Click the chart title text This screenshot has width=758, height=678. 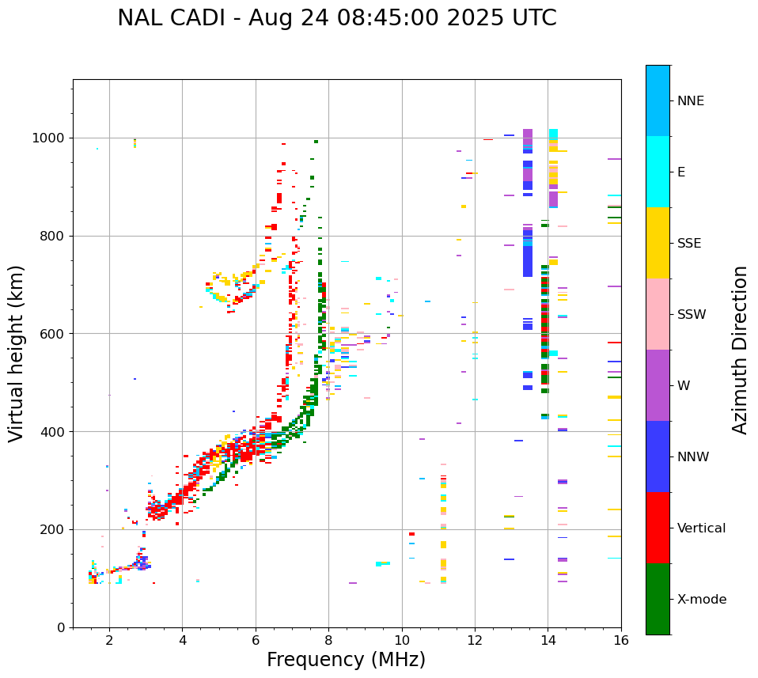coord(337,18)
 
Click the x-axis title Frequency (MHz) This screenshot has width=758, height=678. coord(346,660)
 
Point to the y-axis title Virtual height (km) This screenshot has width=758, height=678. coord(17,353)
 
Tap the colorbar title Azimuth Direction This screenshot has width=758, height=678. coord(740,349)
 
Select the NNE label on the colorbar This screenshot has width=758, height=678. coord(690,101)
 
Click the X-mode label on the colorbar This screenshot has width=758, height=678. coord(701,600)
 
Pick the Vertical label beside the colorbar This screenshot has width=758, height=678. coord(701,528)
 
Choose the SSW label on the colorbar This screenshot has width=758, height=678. coord(692,315)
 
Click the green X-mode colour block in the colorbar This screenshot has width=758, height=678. coord(658,599)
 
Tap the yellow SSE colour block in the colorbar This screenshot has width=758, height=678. coord(658,243)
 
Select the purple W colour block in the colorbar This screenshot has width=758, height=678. coord(658,385)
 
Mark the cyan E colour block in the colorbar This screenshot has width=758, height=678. coord(658,172)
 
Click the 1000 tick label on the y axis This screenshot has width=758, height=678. coord(49,138)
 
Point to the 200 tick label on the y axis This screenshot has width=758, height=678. coord(53,530)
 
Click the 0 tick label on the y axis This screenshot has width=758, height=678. coord(61,627)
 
